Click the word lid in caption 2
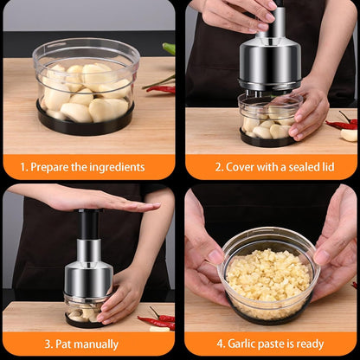click(328, 167)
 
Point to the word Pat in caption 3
click(61, 344)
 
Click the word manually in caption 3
click(94, 344)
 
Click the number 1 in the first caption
click(23, 167)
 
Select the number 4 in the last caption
click(220, 344)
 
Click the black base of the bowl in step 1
click(86, 122)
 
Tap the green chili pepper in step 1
click(170, 48)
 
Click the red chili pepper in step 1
click(161, 89)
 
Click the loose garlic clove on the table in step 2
click(349, 135)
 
